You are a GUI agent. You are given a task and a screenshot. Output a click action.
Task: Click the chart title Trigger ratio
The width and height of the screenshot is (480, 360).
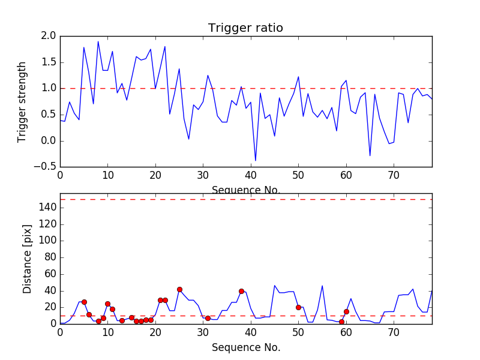(x=245, y=28)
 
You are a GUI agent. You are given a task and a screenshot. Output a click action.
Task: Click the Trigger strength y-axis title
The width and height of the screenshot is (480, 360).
(x=22, y=101)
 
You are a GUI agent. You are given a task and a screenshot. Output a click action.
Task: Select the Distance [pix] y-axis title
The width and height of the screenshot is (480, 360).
(x=27, y=263)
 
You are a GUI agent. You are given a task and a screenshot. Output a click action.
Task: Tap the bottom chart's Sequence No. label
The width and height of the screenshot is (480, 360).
(x=246, y=347)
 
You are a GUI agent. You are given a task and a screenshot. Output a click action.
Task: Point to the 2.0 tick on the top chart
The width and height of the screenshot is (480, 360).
(x=49, y=36)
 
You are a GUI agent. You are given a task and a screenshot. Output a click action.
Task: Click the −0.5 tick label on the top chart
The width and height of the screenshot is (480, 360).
(x=46, y=167)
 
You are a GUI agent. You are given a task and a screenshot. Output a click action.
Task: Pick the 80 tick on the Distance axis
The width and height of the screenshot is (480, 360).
(x=50, y=257)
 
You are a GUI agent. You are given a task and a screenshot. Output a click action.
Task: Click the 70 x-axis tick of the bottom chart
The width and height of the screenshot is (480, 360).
(x=394, y=332)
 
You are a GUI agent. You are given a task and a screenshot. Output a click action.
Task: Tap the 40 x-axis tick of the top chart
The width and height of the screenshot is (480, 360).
(x=251, y=175)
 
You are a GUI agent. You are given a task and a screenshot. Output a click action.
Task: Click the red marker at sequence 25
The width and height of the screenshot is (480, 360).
(x=179, y=289)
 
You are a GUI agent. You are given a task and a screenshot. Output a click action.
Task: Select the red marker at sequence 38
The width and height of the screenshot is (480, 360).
(x=241, y=291)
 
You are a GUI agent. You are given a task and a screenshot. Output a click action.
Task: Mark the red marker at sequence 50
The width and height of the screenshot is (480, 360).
(x=298, y=307)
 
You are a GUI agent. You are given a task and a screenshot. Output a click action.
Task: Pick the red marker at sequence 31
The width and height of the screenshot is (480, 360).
(x=208, y=318)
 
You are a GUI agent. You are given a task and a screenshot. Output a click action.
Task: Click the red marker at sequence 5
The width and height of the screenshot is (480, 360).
(x=84, y=302)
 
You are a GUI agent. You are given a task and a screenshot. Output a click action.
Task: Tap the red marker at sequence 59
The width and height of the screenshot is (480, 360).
(x=341, y=322)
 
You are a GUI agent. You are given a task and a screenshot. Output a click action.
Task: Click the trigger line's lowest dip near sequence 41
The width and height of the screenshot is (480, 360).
(x=256, y=160)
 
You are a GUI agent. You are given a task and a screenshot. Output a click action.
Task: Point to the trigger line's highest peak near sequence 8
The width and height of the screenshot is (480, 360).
(x=98, y=41)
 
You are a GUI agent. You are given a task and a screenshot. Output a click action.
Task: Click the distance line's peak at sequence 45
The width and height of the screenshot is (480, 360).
(x=275, y=286)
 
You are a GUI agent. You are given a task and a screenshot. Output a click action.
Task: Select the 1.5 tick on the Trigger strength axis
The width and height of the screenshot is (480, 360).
(x=49, y=62)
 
